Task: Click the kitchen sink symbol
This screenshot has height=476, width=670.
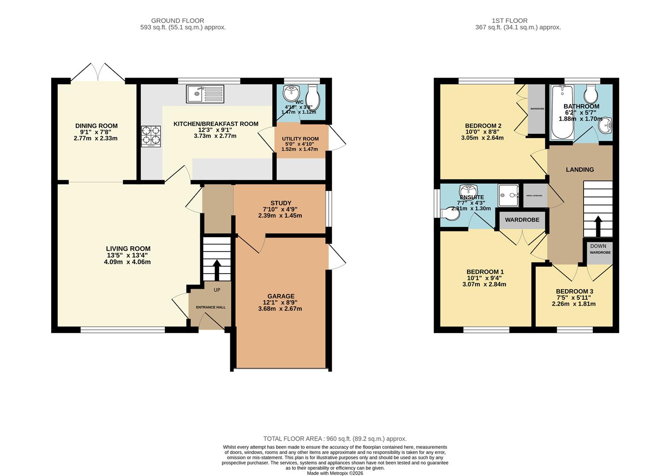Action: point(205,94)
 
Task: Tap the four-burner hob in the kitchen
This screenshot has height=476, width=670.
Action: point(151,136)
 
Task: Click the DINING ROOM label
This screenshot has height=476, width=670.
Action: point(96,126)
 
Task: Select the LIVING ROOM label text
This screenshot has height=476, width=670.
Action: point(128,249)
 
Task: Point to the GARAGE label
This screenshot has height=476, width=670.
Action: point(281,296)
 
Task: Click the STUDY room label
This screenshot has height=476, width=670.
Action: point(281,203)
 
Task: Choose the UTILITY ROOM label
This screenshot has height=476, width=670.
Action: point(300,139)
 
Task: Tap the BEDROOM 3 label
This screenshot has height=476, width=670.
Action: point(574,291)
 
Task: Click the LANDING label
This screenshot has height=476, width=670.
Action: point(580,170)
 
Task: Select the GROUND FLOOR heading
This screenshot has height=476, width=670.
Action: point(177,21)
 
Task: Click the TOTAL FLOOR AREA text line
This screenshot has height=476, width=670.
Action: point(335,439)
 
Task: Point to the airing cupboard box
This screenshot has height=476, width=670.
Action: point(534,196)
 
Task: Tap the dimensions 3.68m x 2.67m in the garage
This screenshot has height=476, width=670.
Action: point(280,309)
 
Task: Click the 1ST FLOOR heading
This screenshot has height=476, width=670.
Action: point(509,21)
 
